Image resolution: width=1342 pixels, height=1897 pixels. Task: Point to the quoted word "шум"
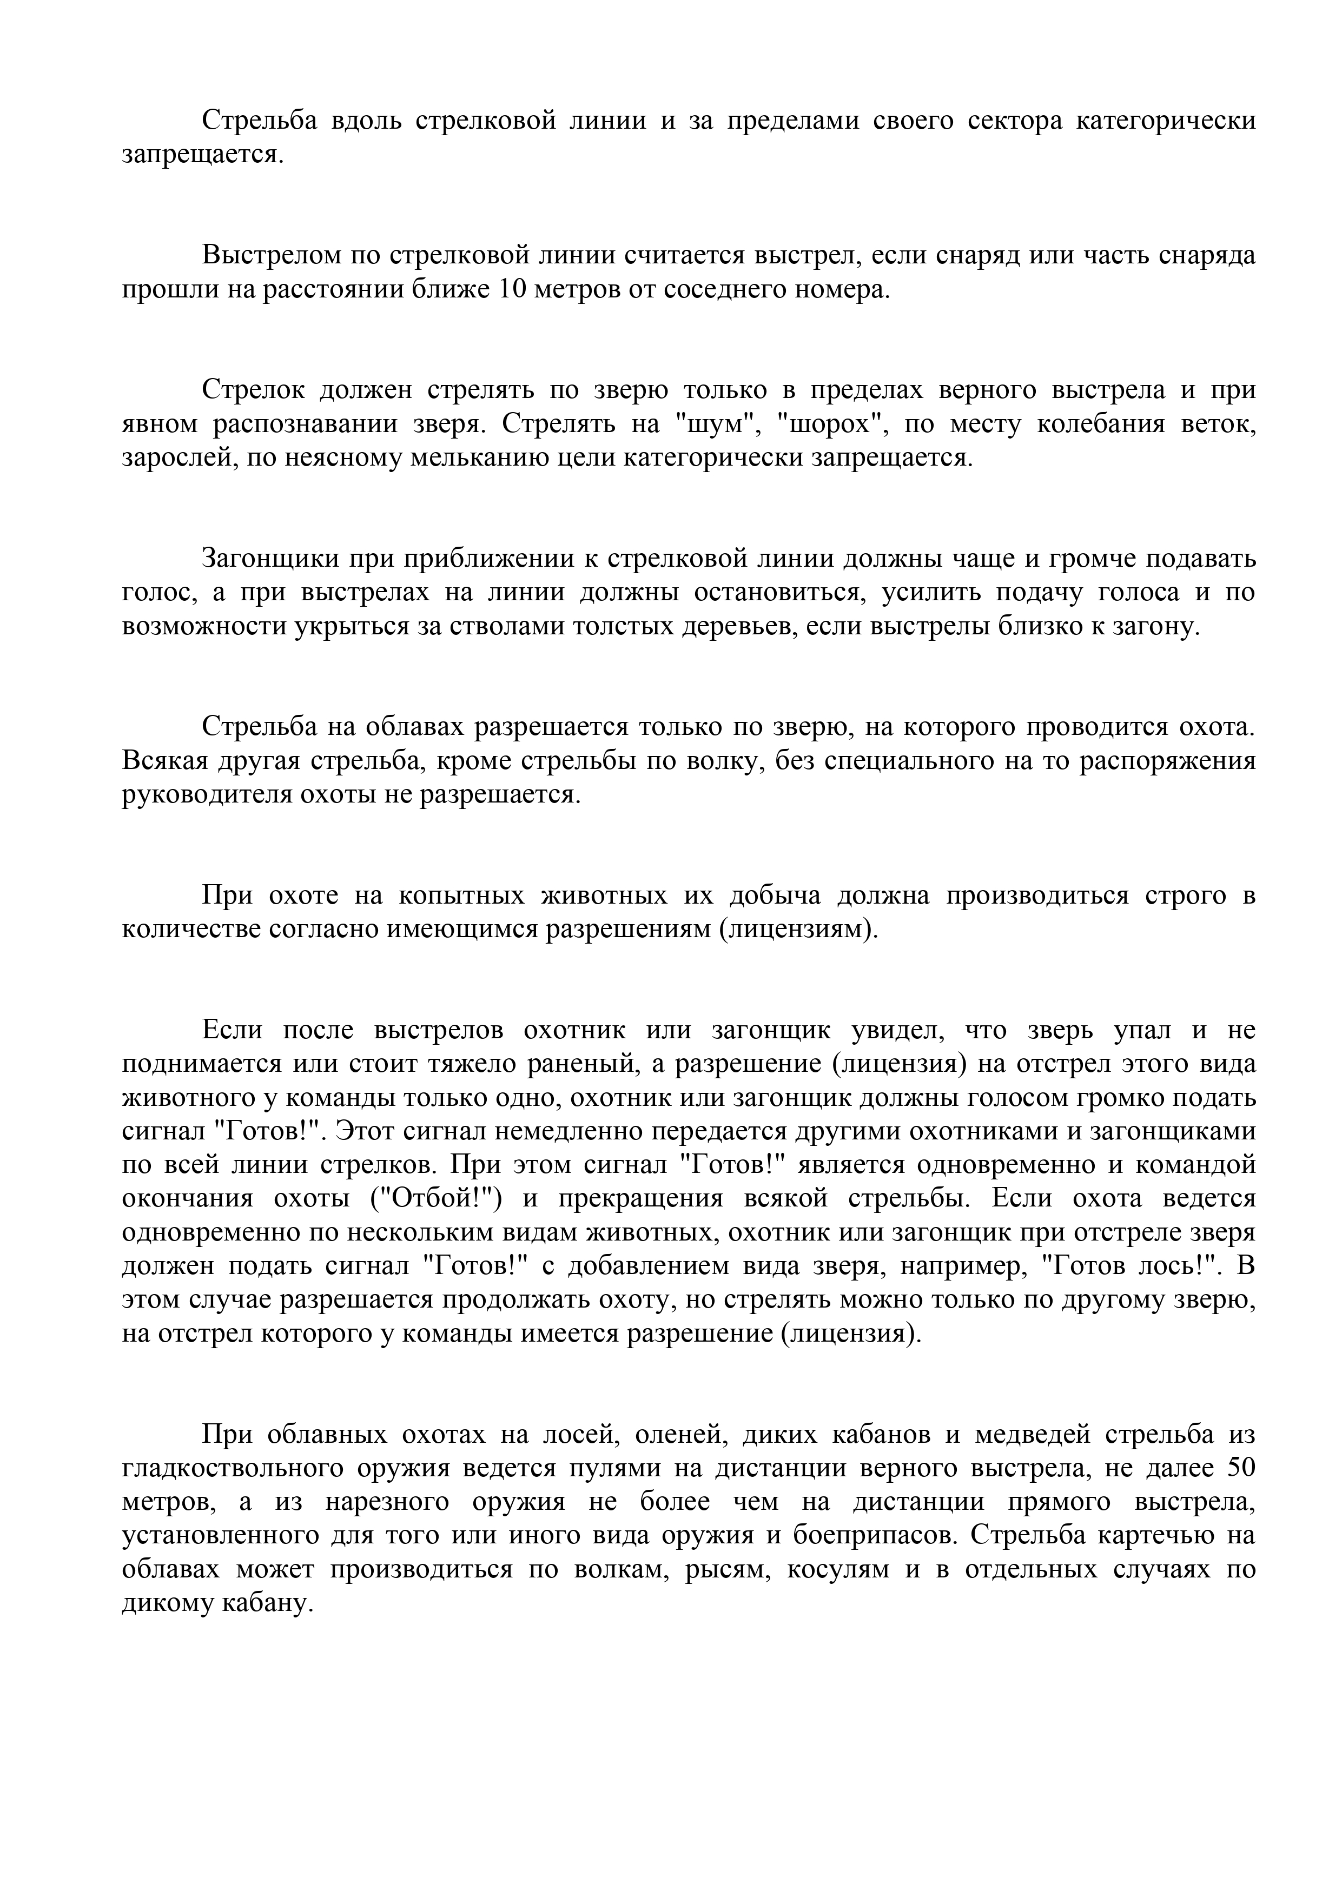click(717, 424)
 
